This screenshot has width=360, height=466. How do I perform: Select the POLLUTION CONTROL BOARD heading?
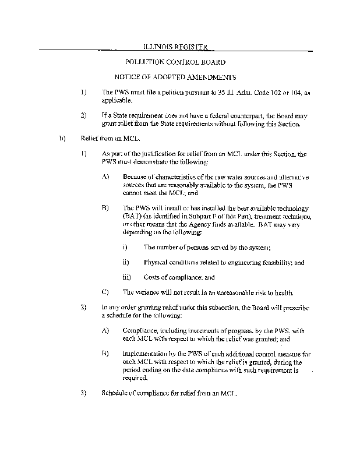175,61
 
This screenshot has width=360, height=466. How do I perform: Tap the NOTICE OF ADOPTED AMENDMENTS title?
175,77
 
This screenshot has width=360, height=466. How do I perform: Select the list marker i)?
126,247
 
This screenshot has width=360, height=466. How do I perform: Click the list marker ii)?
126,262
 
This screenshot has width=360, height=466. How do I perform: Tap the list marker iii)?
126,277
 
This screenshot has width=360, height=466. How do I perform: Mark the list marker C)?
105,292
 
